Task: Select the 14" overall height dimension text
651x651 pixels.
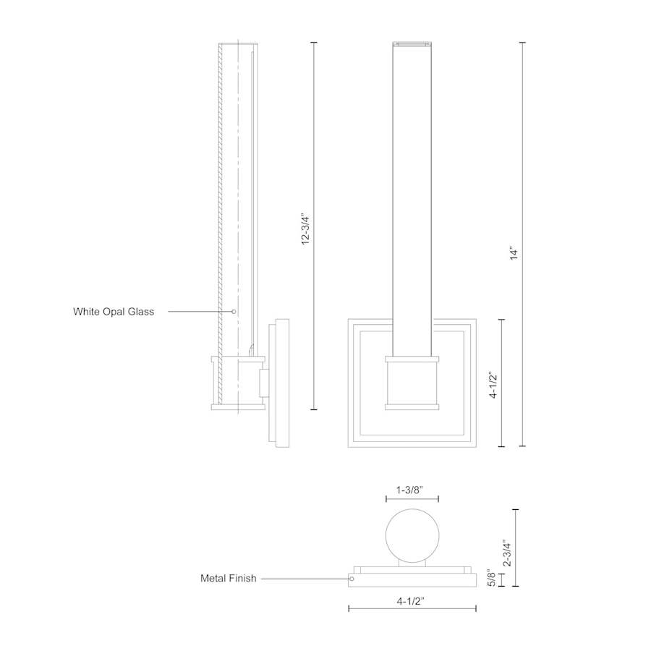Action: [x=514, y=253]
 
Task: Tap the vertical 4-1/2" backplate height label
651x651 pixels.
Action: [x=493, y=385]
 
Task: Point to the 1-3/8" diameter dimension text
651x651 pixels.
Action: [x=412, y=490]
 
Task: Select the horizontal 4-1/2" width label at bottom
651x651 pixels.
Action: [x=412, y=600]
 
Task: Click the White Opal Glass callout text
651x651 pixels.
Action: [x=114, y=312]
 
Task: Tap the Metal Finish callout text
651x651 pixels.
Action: [x=228, y=578]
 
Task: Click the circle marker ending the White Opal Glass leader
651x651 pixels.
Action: [x=234, y=312]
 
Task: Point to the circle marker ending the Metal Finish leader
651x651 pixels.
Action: [x=352, y=578]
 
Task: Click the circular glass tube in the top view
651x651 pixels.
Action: [x=412, y=535]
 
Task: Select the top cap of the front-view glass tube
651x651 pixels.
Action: [x=412, y=45]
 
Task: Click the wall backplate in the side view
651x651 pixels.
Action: [x=278, y=383]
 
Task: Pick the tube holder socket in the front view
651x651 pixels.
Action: [x=412, y=383]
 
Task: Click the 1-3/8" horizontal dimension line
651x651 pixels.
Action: [x=412, y=499]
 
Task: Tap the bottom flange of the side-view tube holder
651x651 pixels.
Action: [x=238, y=407]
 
